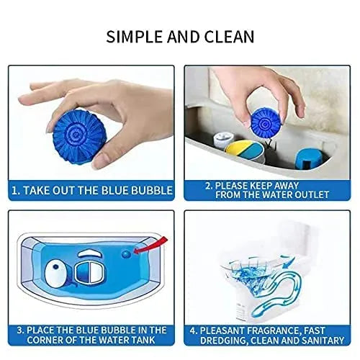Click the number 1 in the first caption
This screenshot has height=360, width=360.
click(x=14, y=190)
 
